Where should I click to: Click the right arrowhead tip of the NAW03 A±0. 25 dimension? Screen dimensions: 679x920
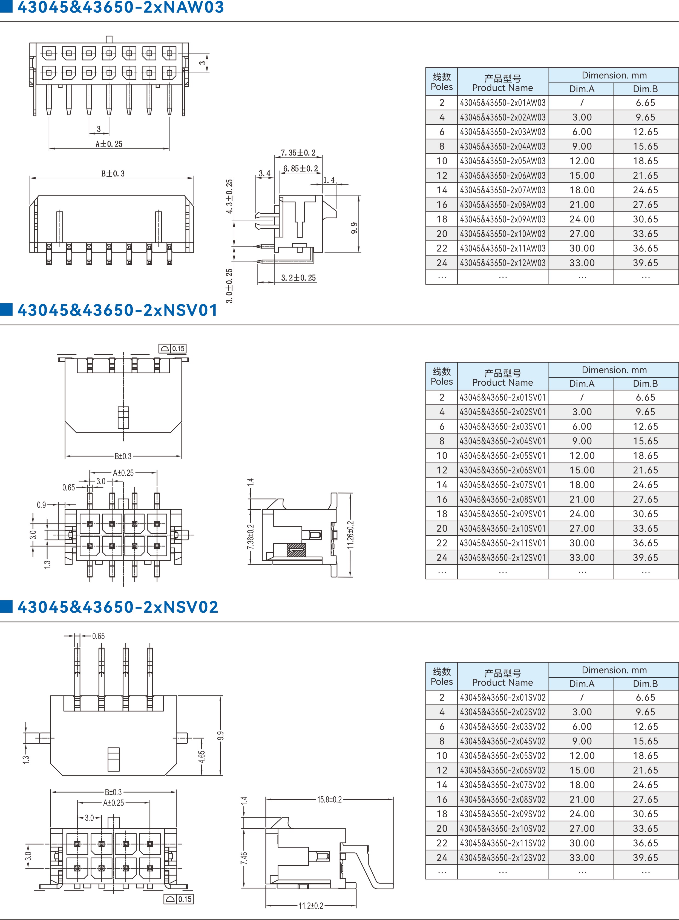pyautogui.click(x=169, y=149)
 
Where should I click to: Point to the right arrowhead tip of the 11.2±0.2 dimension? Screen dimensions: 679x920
pyautogui.click(x=356, y=905)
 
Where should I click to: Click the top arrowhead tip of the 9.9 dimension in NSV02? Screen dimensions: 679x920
pyautogui.click(x=221, y=696)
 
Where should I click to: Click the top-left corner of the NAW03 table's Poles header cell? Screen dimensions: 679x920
pyautogui.click(x=426, y=68)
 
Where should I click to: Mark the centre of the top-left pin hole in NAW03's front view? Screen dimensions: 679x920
pyautogui.click(x=49, y=53)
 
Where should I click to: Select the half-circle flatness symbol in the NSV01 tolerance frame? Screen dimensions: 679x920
pyautogui.click(x=164, y=349)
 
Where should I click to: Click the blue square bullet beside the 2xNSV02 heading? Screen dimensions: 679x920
pyautogui.click(x=6, y=606)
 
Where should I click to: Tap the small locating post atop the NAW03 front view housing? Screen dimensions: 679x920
pyautogui.click(x=109, y=39)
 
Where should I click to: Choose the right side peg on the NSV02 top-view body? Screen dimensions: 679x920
pyautogui.click(x=182, y=738)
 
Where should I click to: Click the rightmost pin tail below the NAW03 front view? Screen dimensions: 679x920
pyautogui.click(x=169, y=99)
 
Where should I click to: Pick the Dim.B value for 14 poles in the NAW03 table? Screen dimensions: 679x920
pyautogui.click(x=645, y=190)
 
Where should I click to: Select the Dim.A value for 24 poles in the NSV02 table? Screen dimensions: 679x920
pyautogui.click(x=582, y=858)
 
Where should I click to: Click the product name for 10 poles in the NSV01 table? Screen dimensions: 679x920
pyautogui.click(x=503, y=455)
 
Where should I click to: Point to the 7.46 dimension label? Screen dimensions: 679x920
pyautogui.click(x=244, y=858)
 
